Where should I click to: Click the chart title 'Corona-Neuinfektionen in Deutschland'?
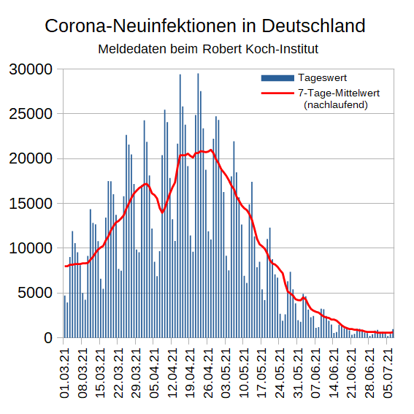pos(205,26)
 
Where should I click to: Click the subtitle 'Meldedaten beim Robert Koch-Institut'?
pos(207,50)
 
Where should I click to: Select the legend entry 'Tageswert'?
pos(322,78)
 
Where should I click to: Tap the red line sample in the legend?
pos(277,93)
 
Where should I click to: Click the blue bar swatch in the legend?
pos(277,78)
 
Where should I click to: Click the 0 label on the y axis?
pos(49,338)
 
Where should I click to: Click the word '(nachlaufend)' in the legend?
pos(335,104)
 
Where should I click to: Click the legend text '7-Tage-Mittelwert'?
pos(338,93)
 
